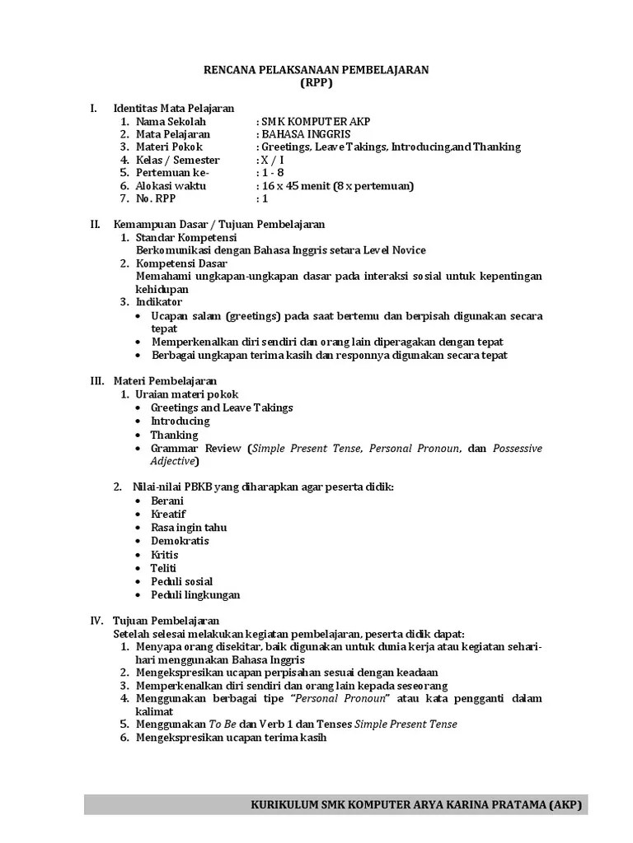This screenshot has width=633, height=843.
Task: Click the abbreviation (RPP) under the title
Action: point(316,83)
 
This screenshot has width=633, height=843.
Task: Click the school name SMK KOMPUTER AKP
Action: point(313,121)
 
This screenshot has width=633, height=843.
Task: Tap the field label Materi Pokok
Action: point(170,147)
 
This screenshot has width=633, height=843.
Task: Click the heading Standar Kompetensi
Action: point(185,237)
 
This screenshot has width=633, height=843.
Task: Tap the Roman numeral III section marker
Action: point(97,381)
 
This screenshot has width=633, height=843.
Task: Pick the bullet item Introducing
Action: point(180,421)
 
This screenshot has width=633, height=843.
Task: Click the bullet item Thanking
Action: point(174,435)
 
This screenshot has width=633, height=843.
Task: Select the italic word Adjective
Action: point(173,461)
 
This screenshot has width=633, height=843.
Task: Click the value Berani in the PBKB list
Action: point(167,501)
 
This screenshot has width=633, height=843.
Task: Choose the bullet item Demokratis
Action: point(180,541)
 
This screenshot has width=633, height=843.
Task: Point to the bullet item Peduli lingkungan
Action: point(195,594)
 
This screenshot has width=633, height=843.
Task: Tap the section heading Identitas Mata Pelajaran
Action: point(173,108)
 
